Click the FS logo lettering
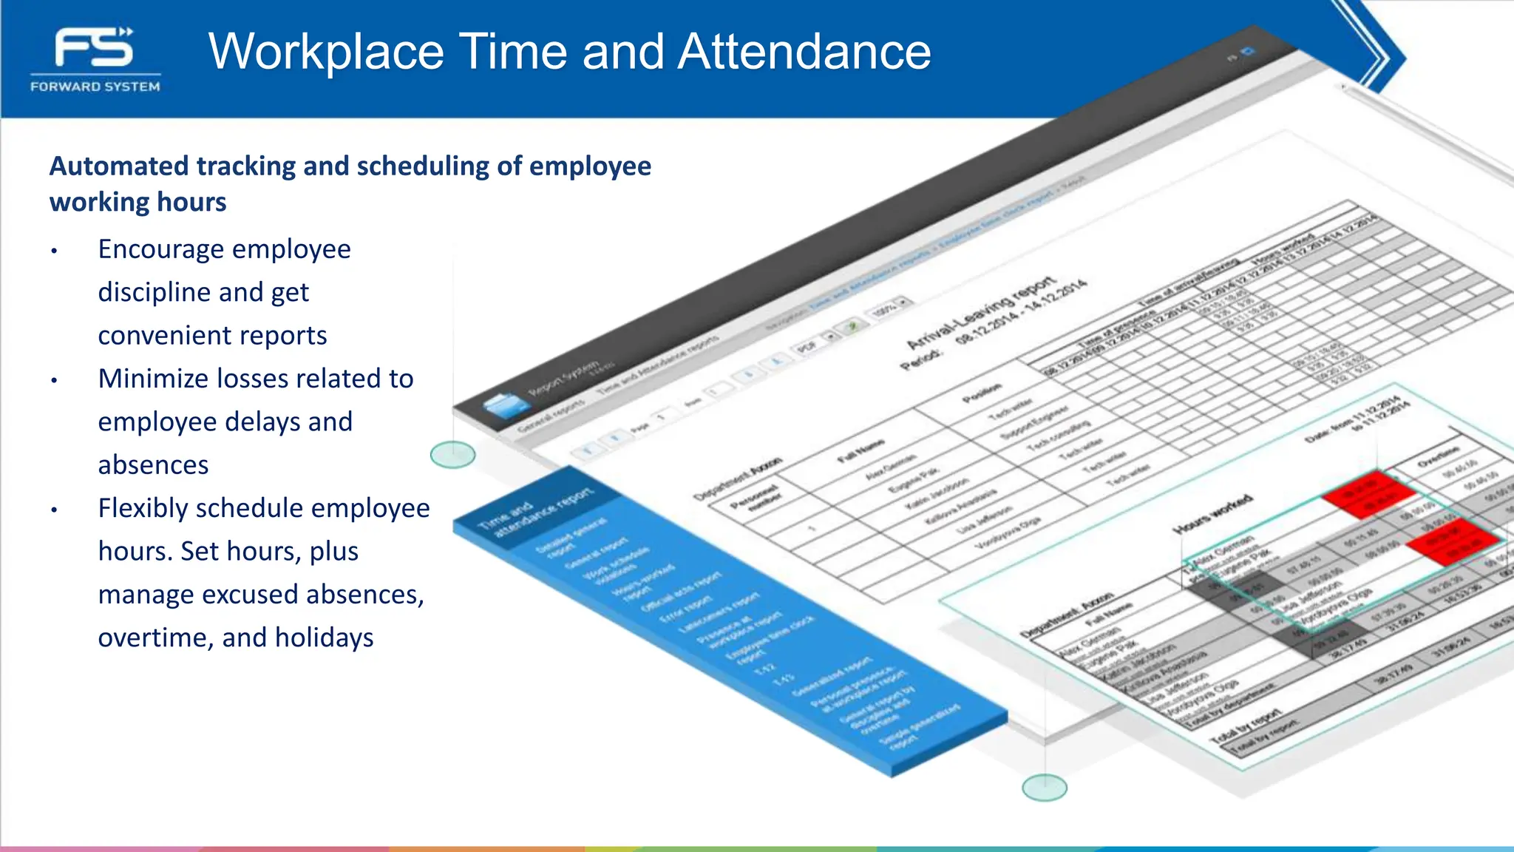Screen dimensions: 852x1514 coord(94,48)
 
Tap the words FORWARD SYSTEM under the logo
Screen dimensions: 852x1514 coord(95,87)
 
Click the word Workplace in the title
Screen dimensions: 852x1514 coord(326,52)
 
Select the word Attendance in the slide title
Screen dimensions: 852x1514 coord(804,52)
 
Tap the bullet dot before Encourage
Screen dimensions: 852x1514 coord(54,251)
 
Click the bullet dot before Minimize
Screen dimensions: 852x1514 coord(54,381)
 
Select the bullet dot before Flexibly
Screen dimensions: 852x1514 coord(54,510)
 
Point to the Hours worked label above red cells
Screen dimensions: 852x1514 coord(1212,515)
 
